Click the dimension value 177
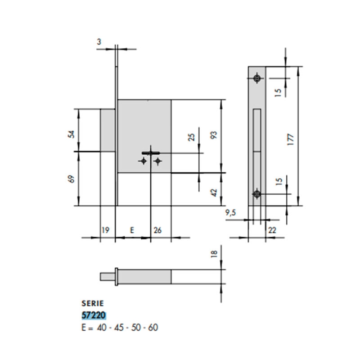(x=290, y=138)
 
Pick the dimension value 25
(x=191, y=137)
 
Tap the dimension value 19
(x=105, y=230)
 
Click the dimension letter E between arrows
(x=132, y=230)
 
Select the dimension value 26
(x=158, y=230)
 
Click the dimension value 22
(x=272, y=230)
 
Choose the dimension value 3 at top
(x=99, y=42)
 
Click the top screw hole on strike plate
(x=257, y=78)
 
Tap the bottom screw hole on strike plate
(x=257, y=194)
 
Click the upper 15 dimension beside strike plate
(x=278, y=92)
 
